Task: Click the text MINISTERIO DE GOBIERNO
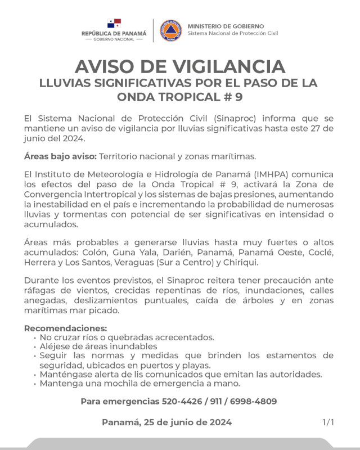pos(225,26)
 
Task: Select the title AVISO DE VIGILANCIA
pos(179,66)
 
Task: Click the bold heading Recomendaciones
pos(65,328)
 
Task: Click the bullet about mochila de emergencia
pos(139,384)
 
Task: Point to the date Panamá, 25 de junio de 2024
pos(166,422)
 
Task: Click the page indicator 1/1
pos(328,422)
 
